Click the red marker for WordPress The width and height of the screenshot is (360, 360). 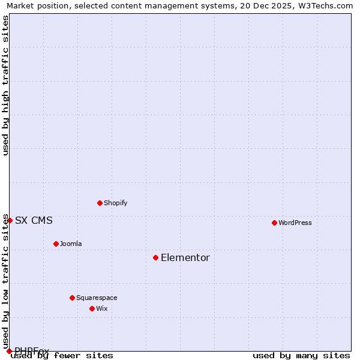click(274, 223)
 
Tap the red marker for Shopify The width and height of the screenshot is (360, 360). click(100, 203)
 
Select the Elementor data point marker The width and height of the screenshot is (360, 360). click(155, 257)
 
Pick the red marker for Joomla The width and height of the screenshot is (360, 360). click(56, 244)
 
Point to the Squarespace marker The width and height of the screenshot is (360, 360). click(72, 298)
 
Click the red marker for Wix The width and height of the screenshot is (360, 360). click(92, 308)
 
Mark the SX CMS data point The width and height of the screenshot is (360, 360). click(10, 220)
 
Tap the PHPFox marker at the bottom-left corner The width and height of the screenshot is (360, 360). click(9, 351)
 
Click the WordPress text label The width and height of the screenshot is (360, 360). click(295, 223)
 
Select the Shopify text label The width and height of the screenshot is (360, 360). click(116, 203)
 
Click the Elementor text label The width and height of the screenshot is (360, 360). click(185, 258)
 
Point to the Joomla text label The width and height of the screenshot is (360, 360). click(71, 244)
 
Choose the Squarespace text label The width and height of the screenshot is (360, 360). click(97, 298)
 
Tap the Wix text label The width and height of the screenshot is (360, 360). click(101, 308)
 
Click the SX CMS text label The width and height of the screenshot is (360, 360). click(34, 220)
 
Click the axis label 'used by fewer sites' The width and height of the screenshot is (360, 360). click(62, 355)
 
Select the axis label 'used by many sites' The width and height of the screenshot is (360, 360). click(301, 355)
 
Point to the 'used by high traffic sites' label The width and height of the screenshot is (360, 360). click(5, 85)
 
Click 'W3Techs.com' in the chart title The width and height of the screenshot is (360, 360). click(322, 5)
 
